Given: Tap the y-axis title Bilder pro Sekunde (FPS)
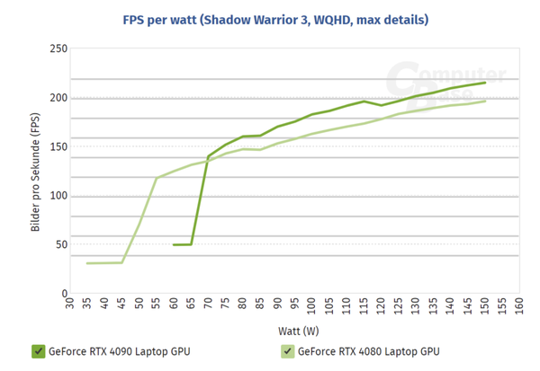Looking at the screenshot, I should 35,171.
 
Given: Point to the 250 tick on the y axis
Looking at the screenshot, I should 59,49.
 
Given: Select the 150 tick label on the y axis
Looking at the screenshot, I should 59,146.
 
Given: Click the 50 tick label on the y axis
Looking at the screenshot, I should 62,244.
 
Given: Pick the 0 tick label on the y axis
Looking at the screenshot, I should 65,294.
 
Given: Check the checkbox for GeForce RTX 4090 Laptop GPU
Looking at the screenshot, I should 38,351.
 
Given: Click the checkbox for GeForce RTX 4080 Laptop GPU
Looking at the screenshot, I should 288,351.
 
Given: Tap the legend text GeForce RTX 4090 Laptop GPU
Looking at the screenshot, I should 118,352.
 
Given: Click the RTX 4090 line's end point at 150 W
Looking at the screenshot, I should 485,83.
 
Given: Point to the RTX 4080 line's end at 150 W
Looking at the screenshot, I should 485,101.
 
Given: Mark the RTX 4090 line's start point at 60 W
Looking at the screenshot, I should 174,244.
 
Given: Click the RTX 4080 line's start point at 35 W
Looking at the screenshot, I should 87,263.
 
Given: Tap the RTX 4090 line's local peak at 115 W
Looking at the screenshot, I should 364,102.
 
